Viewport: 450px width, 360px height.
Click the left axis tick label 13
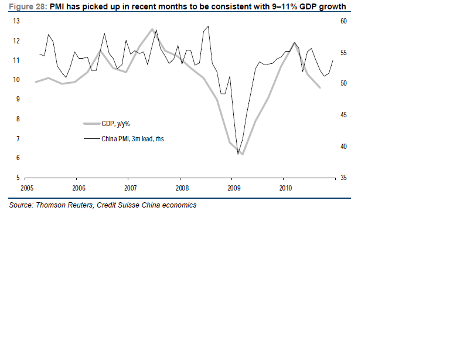[x=16, y=21]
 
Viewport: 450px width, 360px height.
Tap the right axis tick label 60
[x=343, y=21]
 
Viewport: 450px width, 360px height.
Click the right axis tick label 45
[x=343, y=115]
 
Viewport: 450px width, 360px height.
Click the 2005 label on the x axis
[x=27, y=188]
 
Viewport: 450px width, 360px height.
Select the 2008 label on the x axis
[x=182, y=188]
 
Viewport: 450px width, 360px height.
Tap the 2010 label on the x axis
[x=285, y=188]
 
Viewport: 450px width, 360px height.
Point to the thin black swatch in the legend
[x=92, y=139]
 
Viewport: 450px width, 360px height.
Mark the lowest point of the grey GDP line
[x=242, y=154]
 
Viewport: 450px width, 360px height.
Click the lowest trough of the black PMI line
[x=238, y=154]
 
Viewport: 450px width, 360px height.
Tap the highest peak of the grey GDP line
[x=152, y=29]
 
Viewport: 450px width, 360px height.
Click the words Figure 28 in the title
[x=27, y=6]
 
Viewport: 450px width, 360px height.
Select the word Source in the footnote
[x=21, y=205]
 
